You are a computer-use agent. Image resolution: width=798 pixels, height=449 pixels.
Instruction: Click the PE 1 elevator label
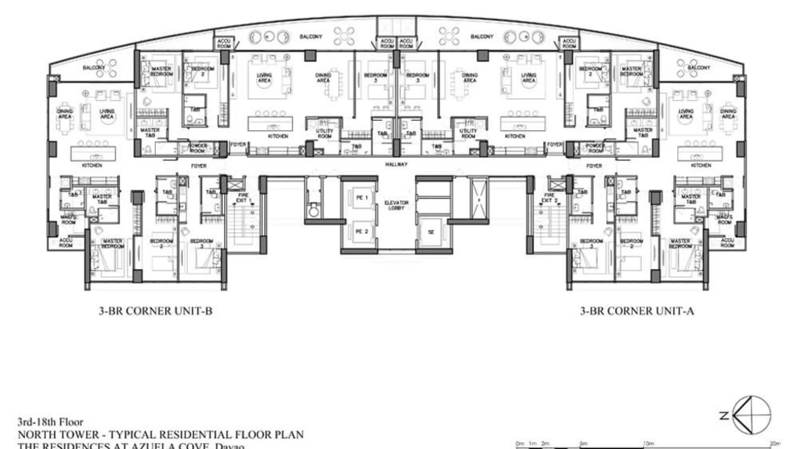(362, 197)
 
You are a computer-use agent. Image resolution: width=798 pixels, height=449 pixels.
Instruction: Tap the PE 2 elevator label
(362, 231)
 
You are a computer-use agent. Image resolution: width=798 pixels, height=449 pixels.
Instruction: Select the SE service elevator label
(431, 232)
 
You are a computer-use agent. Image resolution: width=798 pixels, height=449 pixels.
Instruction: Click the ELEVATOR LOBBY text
(396, 205)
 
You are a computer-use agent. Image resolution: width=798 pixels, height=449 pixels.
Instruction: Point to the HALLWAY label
(396, 164)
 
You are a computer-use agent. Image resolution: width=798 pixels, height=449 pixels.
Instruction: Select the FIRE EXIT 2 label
(549, 197)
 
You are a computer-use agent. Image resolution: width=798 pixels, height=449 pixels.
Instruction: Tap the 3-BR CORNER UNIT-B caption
(155, 311)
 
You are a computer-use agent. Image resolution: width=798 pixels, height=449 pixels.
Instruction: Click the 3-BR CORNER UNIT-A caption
(637, 311)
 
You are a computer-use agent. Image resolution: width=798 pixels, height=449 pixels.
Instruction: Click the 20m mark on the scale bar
(774, 444)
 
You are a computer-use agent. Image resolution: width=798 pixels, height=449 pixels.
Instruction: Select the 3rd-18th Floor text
(50, 422)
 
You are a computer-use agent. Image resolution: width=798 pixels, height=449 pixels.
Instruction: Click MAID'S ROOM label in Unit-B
(69, 220)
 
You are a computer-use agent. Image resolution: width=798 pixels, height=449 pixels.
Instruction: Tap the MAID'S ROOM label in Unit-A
(724, 220)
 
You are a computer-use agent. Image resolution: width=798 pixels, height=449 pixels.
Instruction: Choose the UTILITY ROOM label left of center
(324, 133)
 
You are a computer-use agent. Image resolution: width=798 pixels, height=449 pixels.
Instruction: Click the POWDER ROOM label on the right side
(595, 148)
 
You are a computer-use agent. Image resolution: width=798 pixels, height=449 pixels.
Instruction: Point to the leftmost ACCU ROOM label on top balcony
(224, 43)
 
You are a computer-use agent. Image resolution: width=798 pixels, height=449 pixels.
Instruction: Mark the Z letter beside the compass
(724, 415)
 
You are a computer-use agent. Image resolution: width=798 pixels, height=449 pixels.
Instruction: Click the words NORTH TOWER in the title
(59, 435)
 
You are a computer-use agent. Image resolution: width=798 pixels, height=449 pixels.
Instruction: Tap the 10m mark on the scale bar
(648, 444)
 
